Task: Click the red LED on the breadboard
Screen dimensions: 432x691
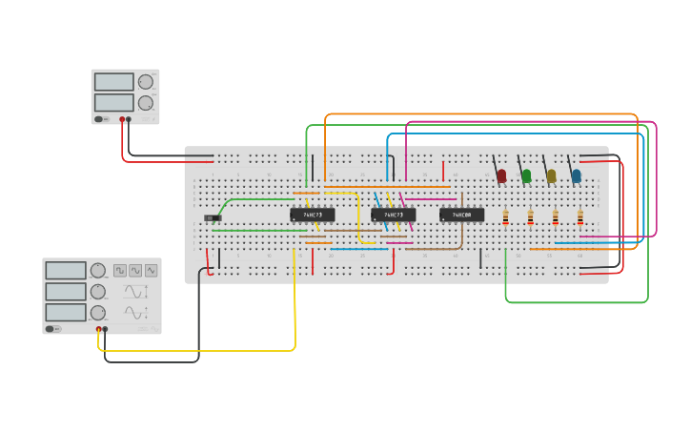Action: click(x=501, y=175)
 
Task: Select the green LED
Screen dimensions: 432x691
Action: click(x=526, y=175)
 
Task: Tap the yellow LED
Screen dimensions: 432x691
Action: click(x=551, y=175)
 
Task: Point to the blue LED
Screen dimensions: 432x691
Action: click(x=576, y=175)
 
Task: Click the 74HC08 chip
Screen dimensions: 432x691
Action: click(x=461, y=215)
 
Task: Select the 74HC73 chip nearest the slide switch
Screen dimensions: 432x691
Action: click(x=312, y=215)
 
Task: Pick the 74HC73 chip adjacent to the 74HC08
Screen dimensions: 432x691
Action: click(x=393, y=215)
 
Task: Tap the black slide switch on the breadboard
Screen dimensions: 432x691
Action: click(x=213, y=218)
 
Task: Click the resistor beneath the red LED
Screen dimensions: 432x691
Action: click(x=505, y=217)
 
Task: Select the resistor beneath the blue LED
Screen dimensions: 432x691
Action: click(x=579, y=217)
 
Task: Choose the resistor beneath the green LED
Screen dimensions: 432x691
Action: click(x=530, y=217)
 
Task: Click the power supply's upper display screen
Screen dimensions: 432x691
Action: click(x=113, y=82)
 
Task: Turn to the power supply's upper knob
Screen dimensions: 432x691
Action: click(x=145, y=82)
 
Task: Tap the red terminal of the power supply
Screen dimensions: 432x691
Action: click(x=122, y=119)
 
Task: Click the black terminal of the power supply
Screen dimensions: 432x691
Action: click(x=130, y=119)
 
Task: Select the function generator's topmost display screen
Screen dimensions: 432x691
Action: click(x=66, y=271)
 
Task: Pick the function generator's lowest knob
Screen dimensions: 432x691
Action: click(x=98, y=313)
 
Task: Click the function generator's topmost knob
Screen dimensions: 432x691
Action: click(x=98, y=270)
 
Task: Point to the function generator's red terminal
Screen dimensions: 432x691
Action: click(x=98, y=329)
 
